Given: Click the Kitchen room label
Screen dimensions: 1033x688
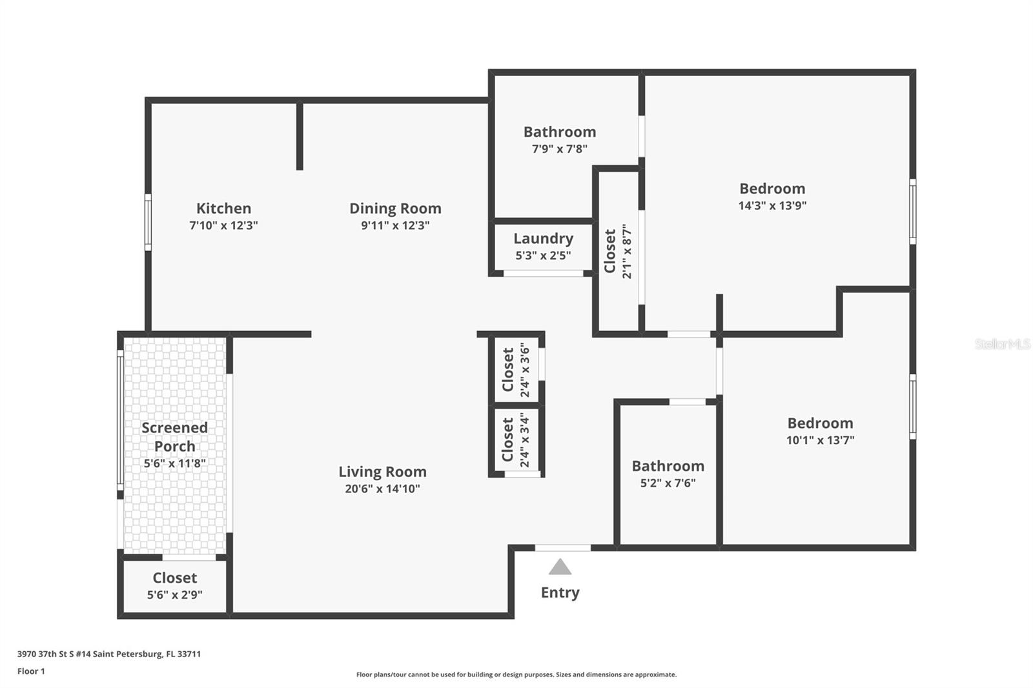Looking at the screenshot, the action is point(223,208).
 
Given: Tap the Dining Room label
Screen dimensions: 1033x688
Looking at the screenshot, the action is point(395,208).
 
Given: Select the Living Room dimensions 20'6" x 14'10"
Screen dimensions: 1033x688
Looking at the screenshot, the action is point(382,489).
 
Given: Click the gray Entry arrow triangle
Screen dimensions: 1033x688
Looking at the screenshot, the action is point(560,567).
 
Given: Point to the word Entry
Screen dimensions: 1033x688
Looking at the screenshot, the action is point(560,592).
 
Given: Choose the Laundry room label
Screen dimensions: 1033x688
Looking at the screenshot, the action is point(543,238).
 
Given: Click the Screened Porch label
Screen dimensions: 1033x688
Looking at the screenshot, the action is point(175,437).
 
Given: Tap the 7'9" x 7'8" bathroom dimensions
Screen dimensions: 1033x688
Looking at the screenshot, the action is point(559,149).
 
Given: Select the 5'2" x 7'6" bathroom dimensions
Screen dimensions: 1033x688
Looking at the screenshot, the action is point(668,483).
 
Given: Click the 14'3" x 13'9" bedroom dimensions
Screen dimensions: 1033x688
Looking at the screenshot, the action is point(772,206).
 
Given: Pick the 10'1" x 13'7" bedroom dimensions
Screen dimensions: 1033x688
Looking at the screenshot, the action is point(820,440).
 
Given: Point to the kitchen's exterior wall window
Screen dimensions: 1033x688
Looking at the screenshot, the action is point(148,222).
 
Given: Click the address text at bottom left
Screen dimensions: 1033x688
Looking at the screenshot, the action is point(109,654).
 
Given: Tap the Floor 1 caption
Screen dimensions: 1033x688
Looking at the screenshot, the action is point(32,671).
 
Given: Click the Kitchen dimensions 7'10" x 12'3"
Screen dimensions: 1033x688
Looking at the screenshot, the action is point(223,225).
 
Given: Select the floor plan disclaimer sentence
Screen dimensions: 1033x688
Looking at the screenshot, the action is point(516,674).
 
